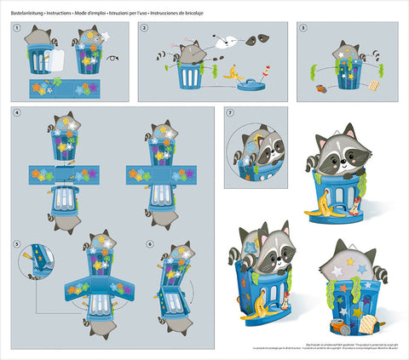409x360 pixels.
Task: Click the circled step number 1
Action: (x=18, y=28)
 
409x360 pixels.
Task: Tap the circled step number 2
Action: (x=144, y=28)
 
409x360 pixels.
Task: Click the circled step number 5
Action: (x=18, y=245)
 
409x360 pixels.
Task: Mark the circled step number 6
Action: (x=150, y=245)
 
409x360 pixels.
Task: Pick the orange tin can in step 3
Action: (x=319, y=86)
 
